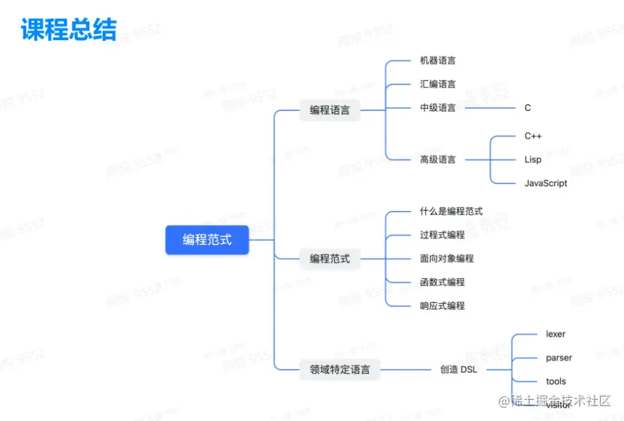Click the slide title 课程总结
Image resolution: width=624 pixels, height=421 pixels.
[68, 29]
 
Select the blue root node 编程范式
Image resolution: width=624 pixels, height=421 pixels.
[207, 240]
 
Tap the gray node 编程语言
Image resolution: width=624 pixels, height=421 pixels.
[330, 110]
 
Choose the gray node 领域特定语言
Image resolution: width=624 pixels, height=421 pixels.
[339, 369]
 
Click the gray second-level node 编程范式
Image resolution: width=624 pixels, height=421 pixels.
[330, 259]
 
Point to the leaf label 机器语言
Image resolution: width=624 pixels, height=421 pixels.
[438, 60]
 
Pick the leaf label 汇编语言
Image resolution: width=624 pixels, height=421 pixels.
[438, 84]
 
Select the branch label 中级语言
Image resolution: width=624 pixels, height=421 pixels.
[438, 108]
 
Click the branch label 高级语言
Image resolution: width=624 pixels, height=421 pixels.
[438, 160]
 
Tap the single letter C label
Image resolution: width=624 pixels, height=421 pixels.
[528, 108]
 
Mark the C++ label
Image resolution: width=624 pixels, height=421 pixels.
[533, 136]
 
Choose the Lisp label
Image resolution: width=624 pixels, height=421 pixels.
[533, 160]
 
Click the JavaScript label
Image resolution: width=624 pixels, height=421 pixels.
[545, 183]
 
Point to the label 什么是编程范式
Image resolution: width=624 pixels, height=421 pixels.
[451, 211]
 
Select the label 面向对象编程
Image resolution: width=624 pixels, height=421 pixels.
[447, 259]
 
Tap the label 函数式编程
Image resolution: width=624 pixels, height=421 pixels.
[442, 283]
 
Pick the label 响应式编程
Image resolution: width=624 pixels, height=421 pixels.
[442, 306]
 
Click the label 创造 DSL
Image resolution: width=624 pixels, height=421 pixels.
[458, 369]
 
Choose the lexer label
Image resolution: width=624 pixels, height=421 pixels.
[555, 334]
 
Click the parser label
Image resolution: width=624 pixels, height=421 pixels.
[559, 358]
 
